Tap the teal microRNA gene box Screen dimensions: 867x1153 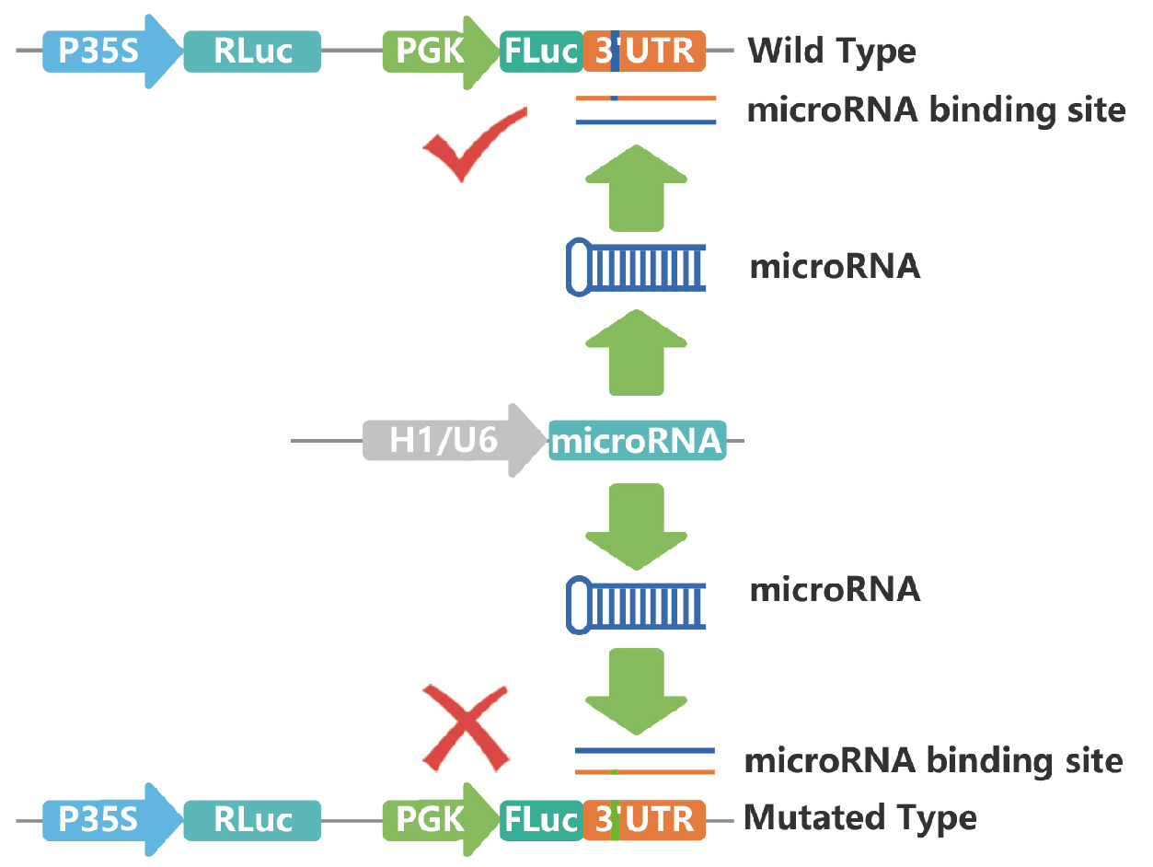(637, 441)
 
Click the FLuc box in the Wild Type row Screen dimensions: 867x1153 (541, 51)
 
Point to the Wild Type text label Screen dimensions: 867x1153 (832, 51)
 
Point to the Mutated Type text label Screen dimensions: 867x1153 (859, 817)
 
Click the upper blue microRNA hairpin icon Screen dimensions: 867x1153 (635, 268)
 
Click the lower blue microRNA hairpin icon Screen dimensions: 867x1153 (635, 604)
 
